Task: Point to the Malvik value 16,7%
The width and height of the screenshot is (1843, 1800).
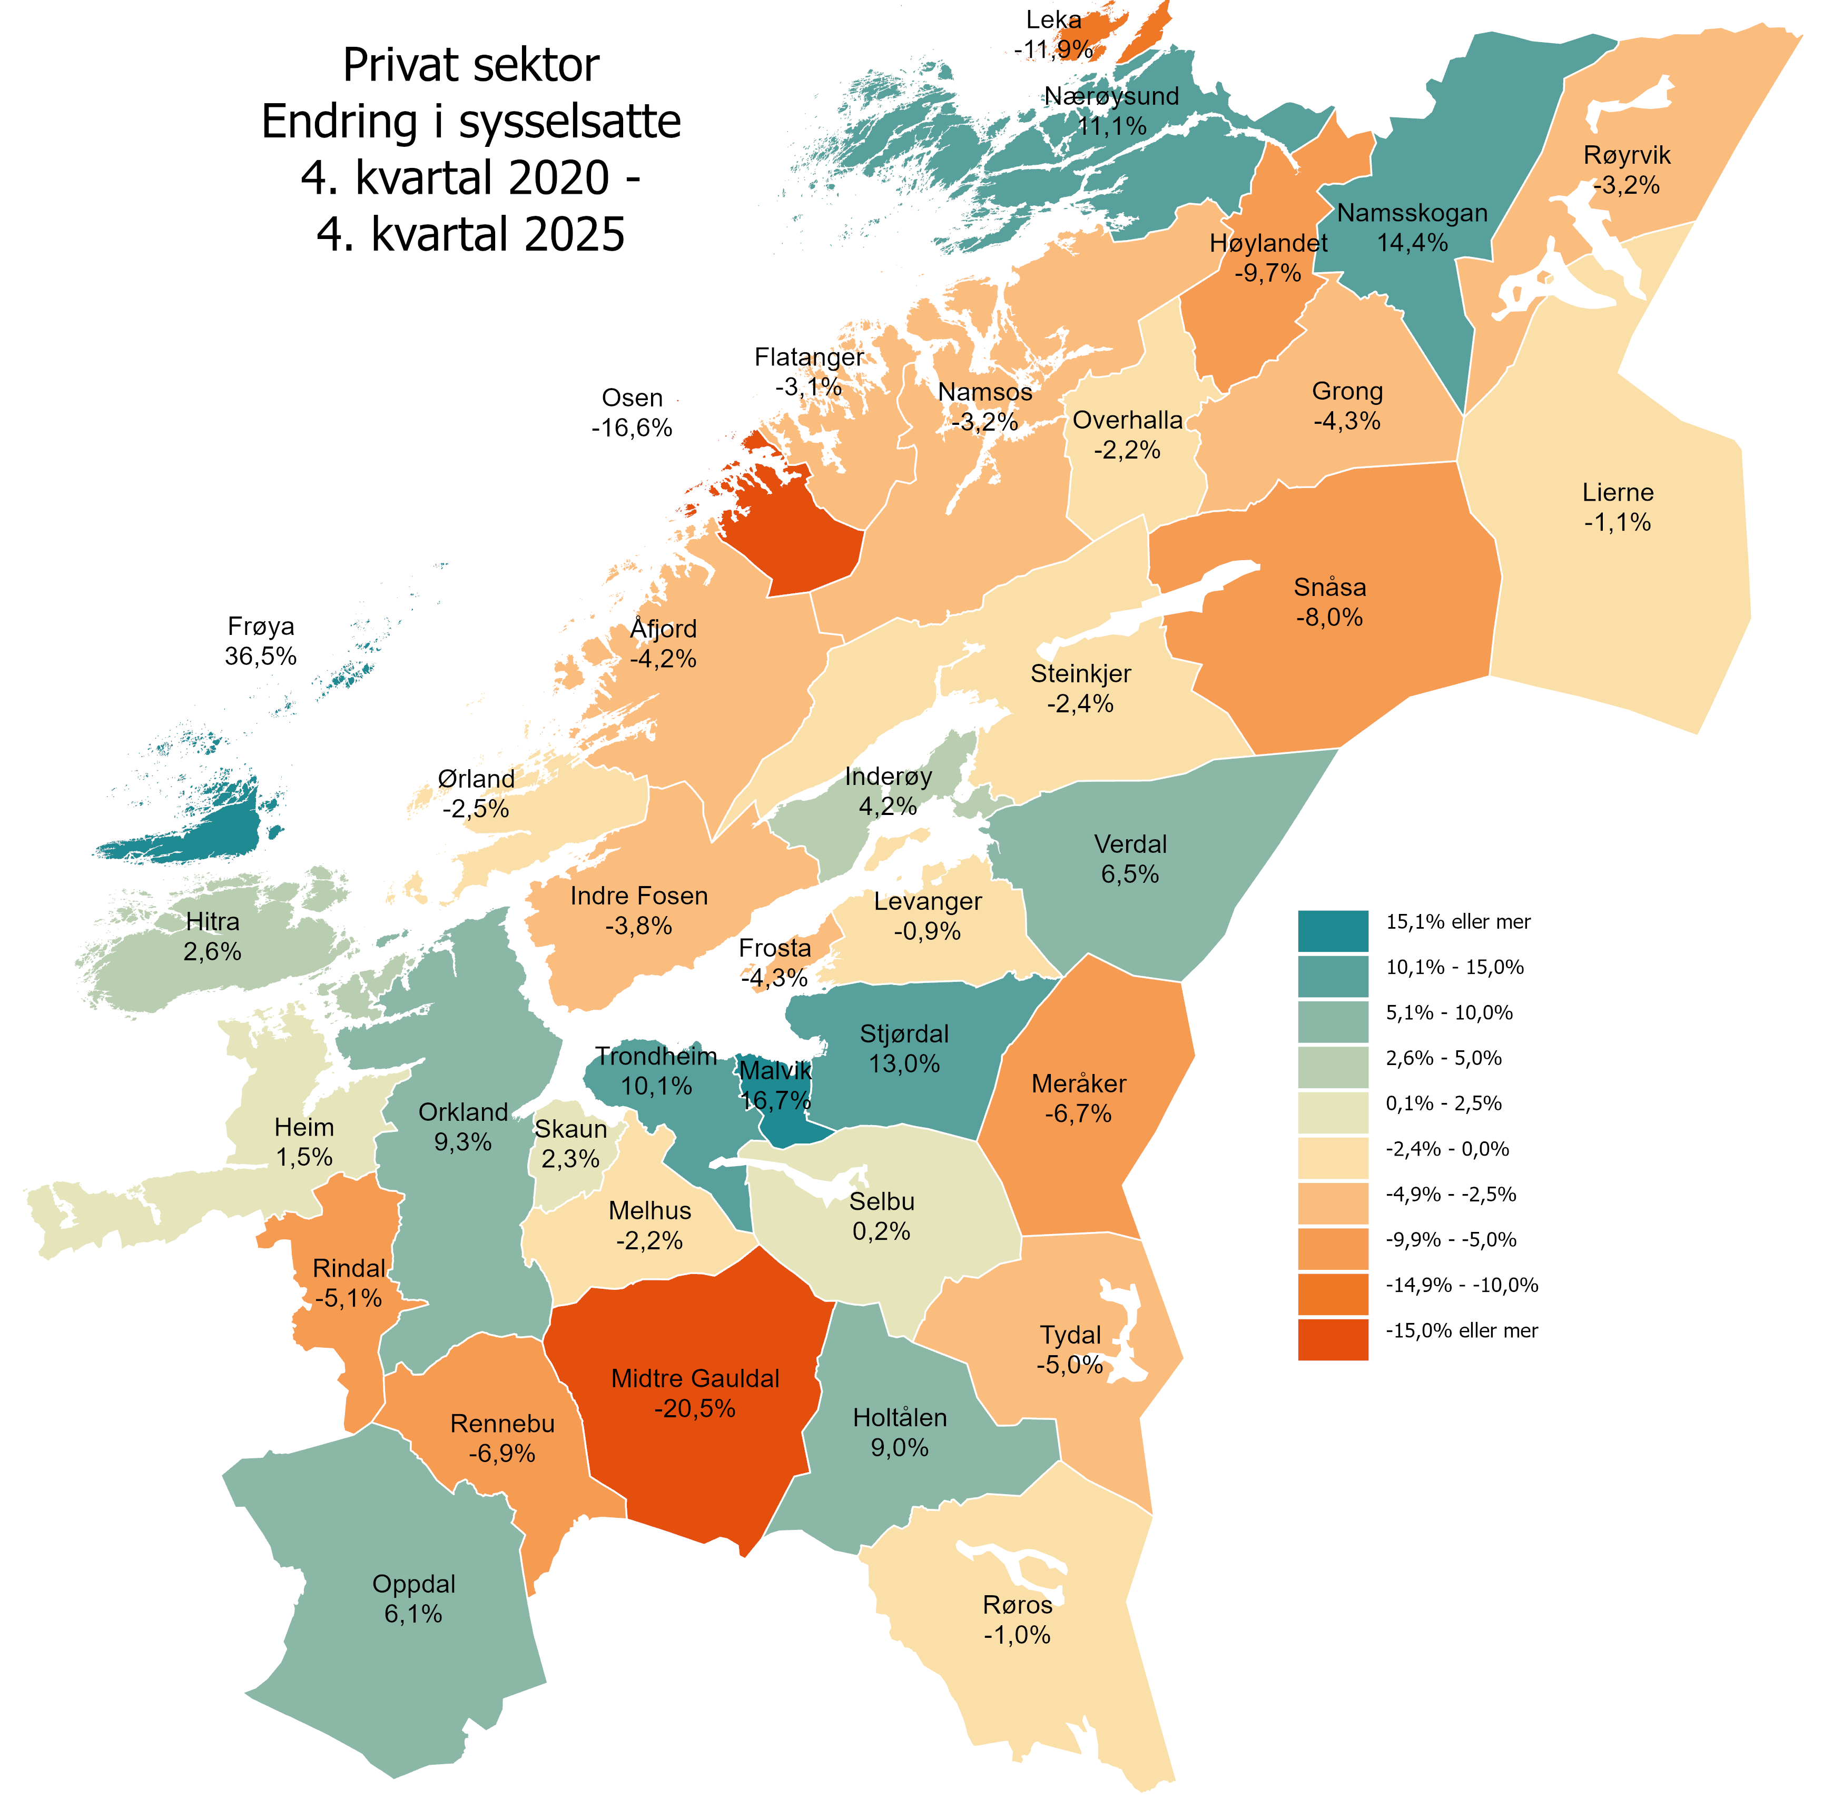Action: click(x=775, y=1100)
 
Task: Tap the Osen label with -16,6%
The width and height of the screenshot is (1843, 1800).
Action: click(x=632, y=413)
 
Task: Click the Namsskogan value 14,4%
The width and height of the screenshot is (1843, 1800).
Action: click(x=1412, y=243)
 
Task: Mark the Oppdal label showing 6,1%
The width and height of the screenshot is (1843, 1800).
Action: click(x=413, y=1599)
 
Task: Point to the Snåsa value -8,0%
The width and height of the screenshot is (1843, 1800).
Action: click(x=1329, y=618)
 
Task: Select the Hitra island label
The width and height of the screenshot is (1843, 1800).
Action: click(x=213, y=936)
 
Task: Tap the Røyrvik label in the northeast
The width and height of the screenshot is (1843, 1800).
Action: click(x=1627, y=170)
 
